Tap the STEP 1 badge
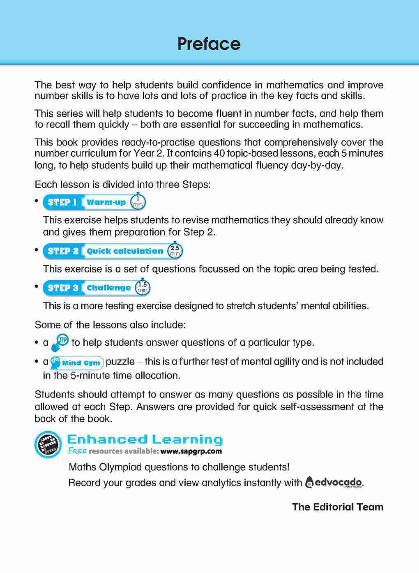[62, 202]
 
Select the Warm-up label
[106, 202]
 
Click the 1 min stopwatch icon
[138, 202]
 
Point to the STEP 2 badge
[63, 251]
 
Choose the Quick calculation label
[125, 251]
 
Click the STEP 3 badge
[63, 288]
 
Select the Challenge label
[108, 288]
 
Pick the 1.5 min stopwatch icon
[143, 288]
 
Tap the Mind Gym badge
[77, 362]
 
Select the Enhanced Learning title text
[144, 439]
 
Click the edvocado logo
[334, 482]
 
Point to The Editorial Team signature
[337, 507]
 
